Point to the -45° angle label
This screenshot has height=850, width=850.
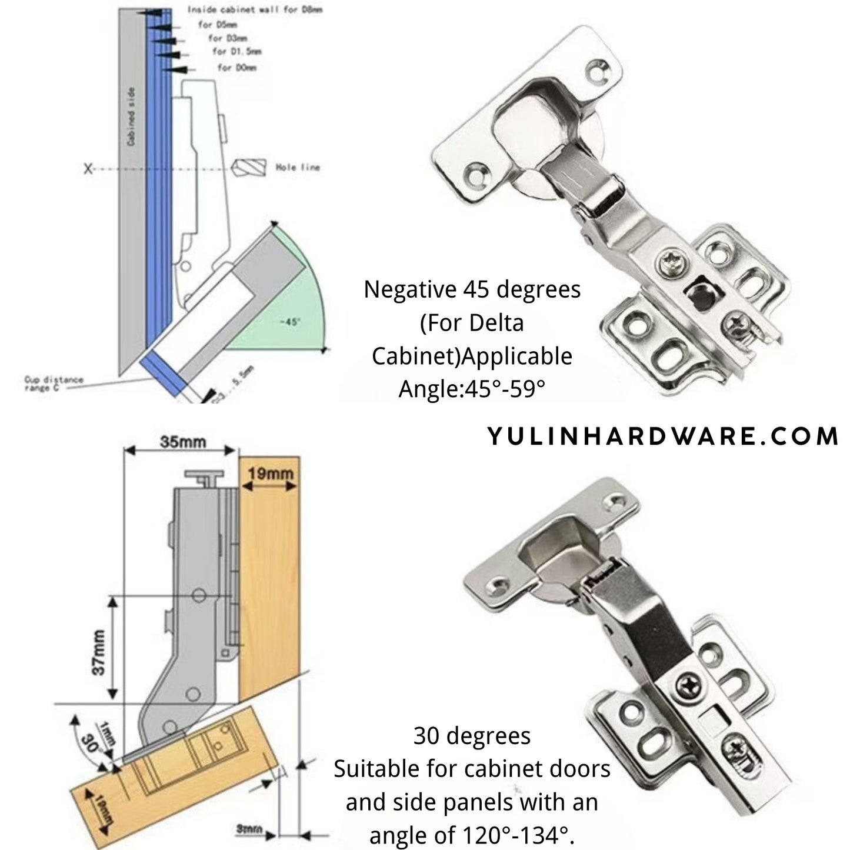tap(290, 322)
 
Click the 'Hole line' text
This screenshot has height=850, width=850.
tap(298, 168)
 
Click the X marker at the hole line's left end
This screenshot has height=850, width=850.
tap(89, 169)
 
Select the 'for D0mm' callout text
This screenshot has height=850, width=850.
tap(236, 68)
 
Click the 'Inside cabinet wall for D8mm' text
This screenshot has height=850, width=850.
tap(255, 10)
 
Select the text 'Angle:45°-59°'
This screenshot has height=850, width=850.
tap(472, 389)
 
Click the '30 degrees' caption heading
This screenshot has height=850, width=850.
tap(472, 735)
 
